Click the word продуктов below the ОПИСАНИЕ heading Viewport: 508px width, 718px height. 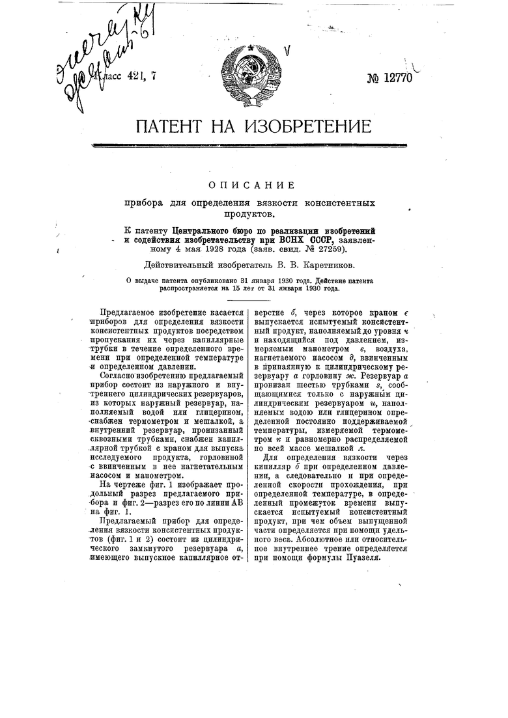[x=253, y=213]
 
